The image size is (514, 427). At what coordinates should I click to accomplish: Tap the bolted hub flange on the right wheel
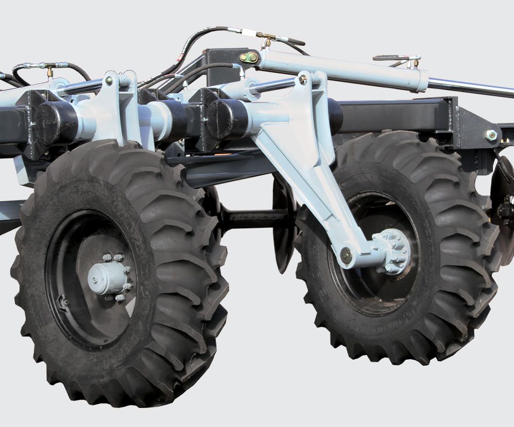(x=394, y=251)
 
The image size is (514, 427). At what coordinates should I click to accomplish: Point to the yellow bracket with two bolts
(x=250, y=57)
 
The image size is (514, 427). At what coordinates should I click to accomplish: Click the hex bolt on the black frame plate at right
(x=491, y=135)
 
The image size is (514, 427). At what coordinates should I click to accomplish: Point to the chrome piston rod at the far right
(x=473, y=87)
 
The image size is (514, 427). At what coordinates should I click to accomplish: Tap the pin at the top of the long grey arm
(x=303, y=79)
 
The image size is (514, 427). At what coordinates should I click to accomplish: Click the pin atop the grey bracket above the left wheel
(x=108, y=80)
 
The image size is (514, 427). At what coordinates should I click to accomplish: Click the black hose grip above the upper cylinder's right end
(x=391, y=58)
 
